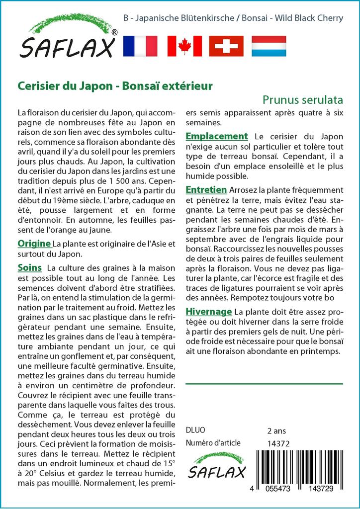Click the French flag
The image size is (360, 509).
pos(140,46)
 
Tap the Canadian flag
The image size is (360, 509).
pos(184,46)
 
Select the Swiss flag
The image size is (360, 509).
pos(226,46)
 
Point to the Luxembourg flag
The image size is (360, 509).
pos(269,46)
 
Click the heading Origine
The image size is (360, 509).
pos(34,244)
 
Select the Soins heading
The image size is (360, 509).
pos(30,268)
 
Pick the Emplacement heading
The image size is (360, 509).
pos(216,136)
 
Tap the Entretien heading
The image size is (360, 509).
pos(206,190)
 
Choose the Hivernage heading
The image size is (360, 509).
pos(209,312)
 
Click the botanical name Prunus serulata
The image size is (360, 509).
pos(303,99)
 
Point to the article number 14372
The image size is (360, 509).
pos(278,443)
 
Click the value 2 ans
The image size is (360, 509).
pos(276,430)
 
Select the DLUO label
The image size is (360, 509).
pos(195,430)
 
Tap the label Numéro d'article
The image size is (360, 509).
pos(213,443)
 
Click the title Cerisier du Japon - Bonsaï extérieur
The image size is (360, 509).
pos(115,85)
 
